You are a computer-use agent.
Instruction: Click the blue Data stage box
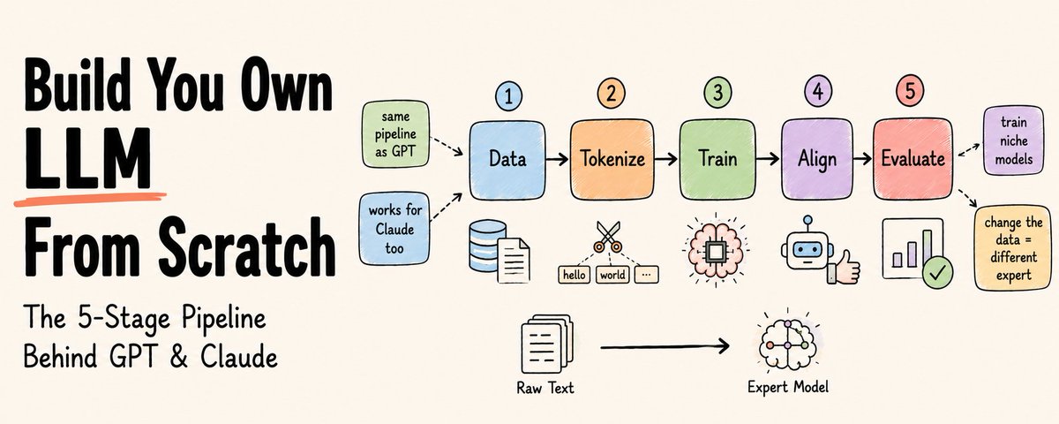click(507, 160)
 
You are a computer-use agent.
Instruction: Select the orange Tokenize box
click(612, 160)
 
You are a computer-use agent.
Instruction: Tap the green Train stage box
click(717, 160)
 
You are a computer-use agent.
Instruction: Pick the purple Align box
click(817, 160)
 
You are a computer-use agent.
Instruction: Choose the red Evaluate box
click(913, 159)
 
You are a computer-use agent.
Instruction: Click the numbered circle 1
click(508, 96)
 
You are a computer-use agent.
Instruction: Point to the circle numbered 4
click(818, 91)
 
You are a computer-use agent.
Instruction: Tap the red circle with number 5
click(910, 90)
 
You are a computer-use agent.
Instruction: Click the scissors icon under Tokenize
click(608, 237)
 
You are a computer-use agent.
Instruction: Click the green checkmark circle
click(938, 272)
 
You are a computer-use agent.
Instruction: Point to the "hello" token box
click(575, 275)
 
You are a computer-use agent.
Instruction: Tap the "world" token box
click(612, 275)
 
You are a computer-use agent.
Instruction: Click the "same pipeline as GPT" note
click(395, 134)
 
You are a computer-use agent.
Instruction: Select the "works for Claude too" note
click(394, 229)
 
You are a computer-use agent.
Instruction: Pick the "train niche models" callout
click(1014, 140)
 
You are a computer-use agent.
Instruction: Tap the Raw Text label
click(545, 388)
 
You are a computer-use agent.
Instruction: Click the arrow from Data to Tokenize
click(557, 159)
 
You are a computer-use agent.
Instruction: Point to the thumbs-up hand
click(845, 268)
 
